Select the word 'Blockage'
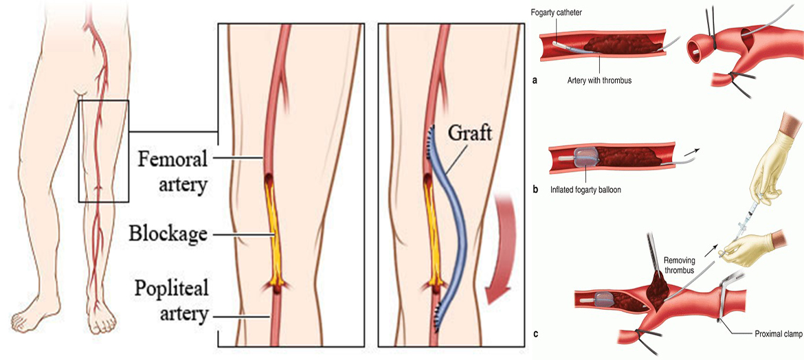(x=168, y=234)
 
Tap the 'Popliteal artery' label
(x=172, y=300)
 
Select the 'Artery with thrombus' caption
(x=600, y=80)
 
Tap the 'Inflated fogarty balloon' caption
(x=585, y=189)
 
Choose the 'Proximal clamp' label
(x=774, y=333)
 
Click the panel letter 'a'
(x=535, y=80)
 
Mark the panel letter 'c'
(x=535, y=335)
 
